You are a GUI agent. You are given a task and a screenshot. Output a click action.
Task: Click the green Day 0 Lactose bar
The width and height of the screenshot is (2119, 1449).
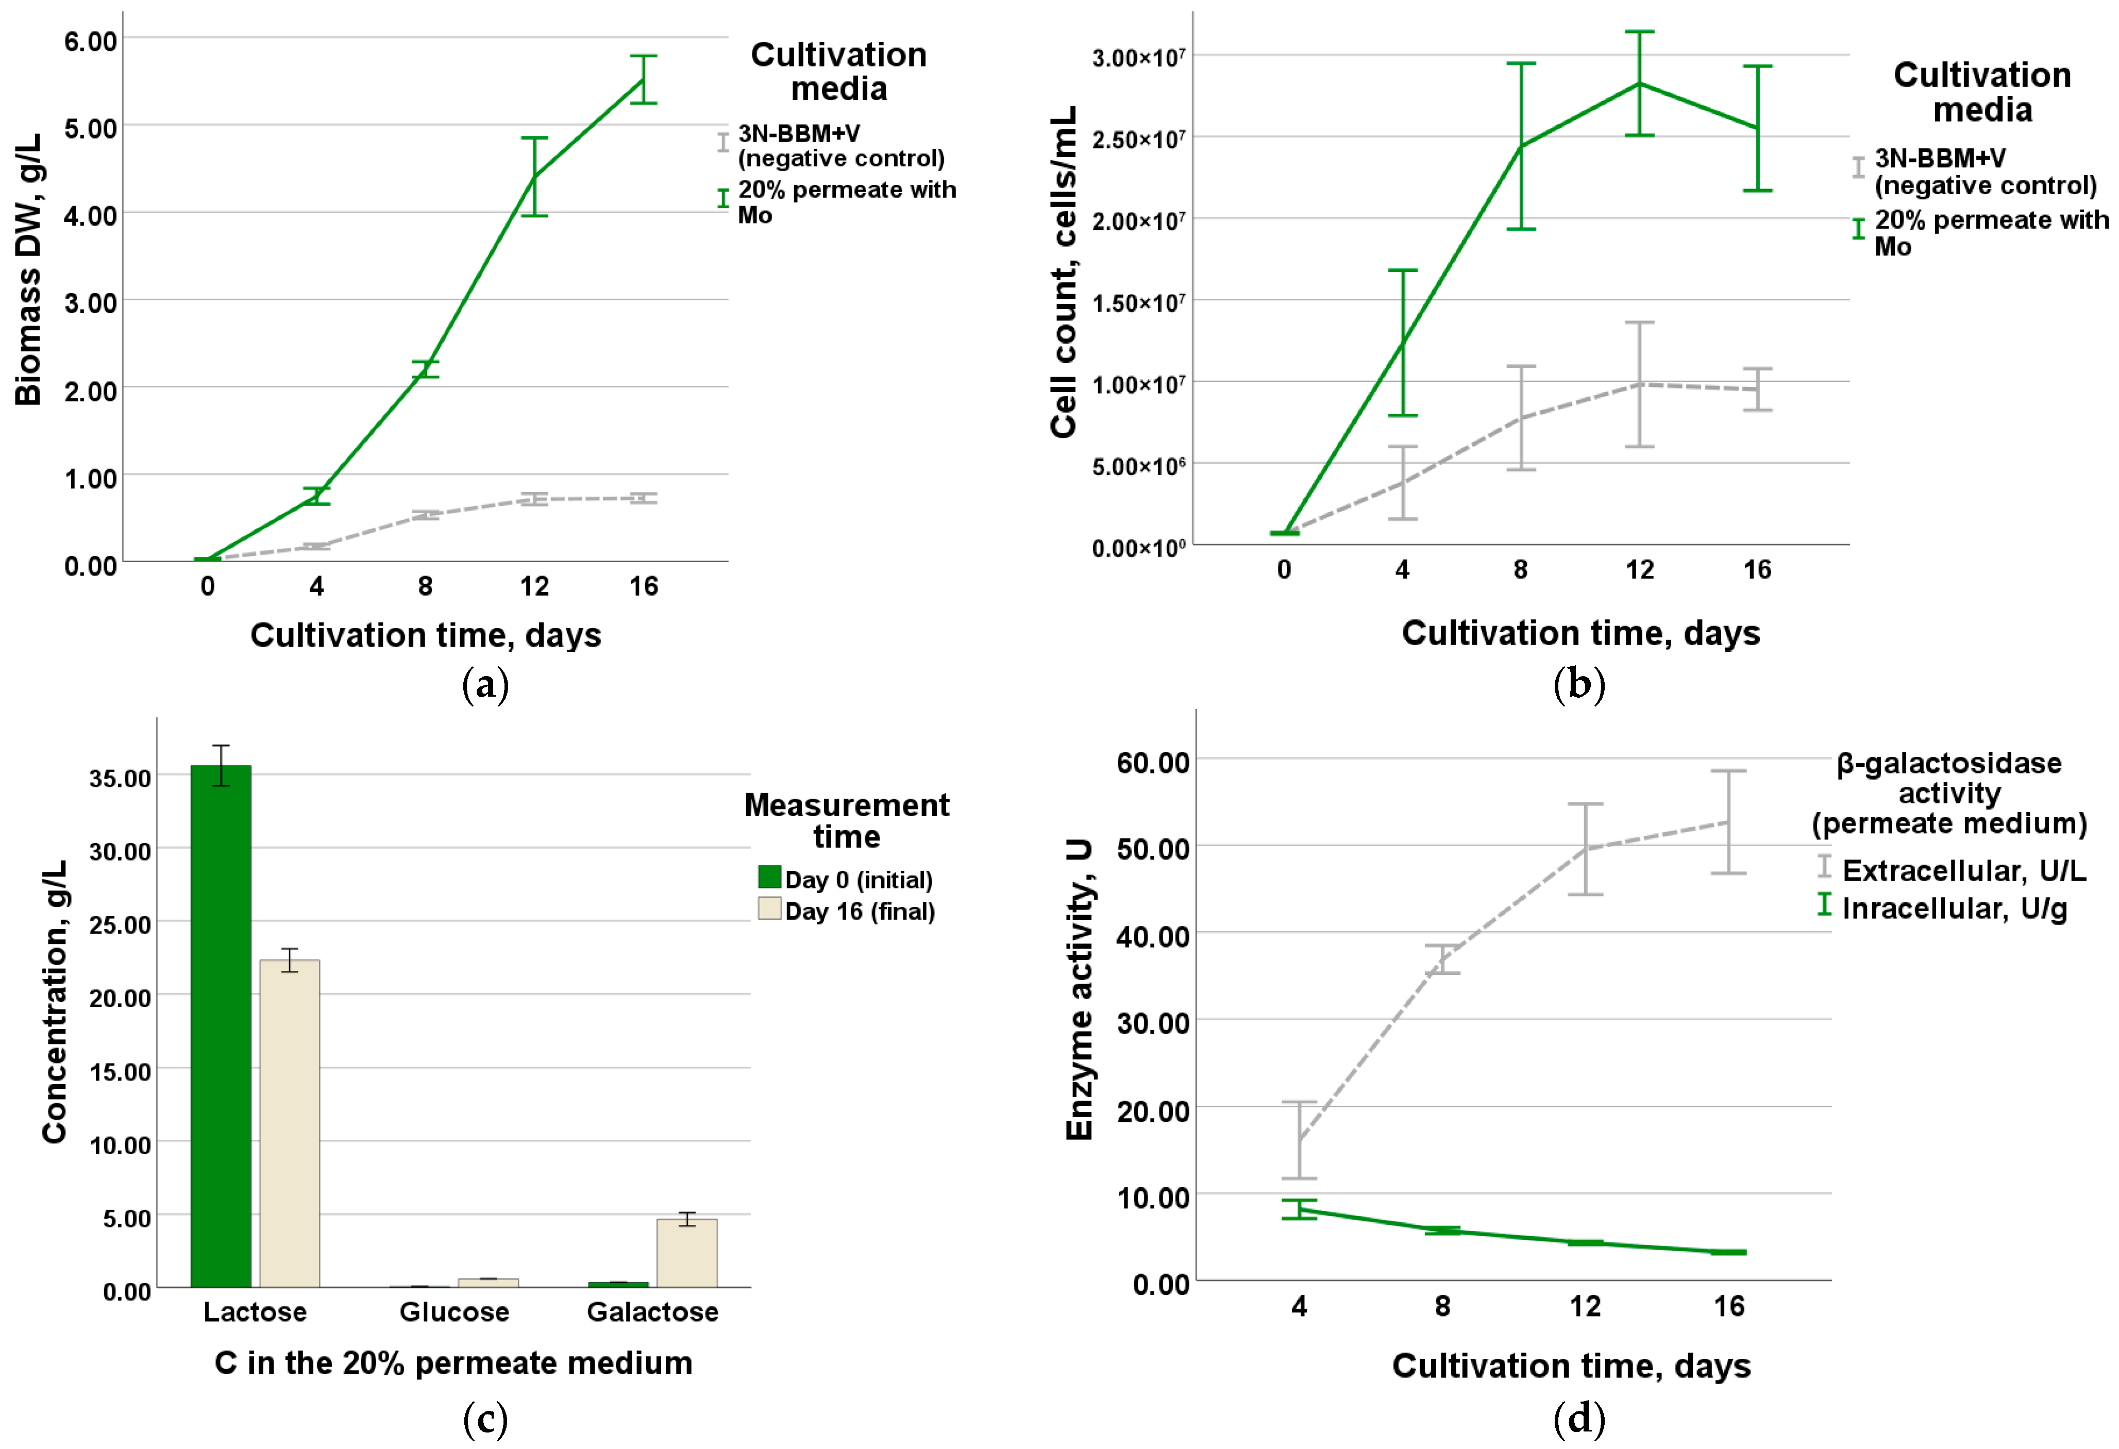coord(221,1026)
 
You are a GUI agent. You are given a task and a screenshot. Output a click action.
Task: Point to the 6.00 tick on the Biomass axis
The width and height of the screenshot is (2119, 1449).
coord(90,41)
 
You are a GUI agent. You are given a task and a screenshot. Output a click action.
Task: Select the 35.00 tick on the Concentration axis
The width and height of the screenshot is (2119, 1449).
coord(121,778)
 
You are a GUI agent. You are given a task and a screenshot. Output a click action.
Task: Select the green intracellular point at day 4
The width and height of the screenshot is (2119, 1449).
coord(1299,1210)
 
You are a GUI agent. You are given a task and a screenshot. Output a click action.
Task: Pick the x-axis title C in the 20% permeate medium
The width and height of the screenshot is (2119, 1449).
coord(453,1363)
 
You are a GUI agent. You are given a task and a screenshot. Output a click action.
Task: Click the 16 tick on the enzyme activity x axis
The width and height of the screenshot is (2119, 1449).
coord(1729,1306)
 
